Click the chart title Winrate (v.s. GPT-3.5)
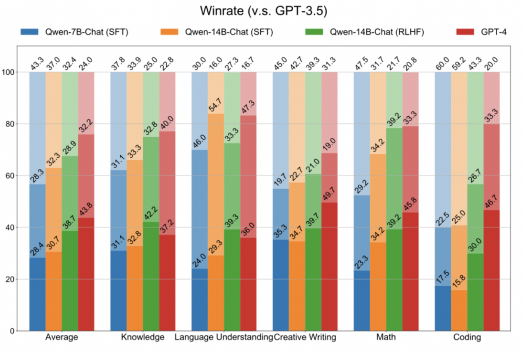(x=264, y=11)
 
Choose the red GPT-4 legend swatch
(x=465, y=32)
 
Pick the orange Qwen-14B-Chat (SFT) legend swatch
(x=169, y=32)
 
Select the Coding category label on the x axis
(x=467, y=337)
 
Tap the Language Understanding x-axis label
(x=224, y=337)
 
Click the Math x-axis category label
(x=386, y=337)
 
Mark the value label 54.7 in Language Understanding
(x=215, y=104)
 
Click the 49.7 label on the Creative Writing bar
(x=329, y=194)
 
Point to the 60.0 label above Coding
(x=442, y=63)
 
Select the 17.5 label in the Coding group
(x=442, y=278)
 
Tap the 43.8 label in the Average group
(x=85, y=209)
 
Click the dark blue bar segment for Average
(x=37, y=294)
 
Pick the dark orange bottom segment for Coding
(x=459, y=310)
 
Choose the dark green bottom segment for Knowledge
(x=151, y=277)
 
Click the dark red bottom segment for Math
(x=410, y=272)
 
